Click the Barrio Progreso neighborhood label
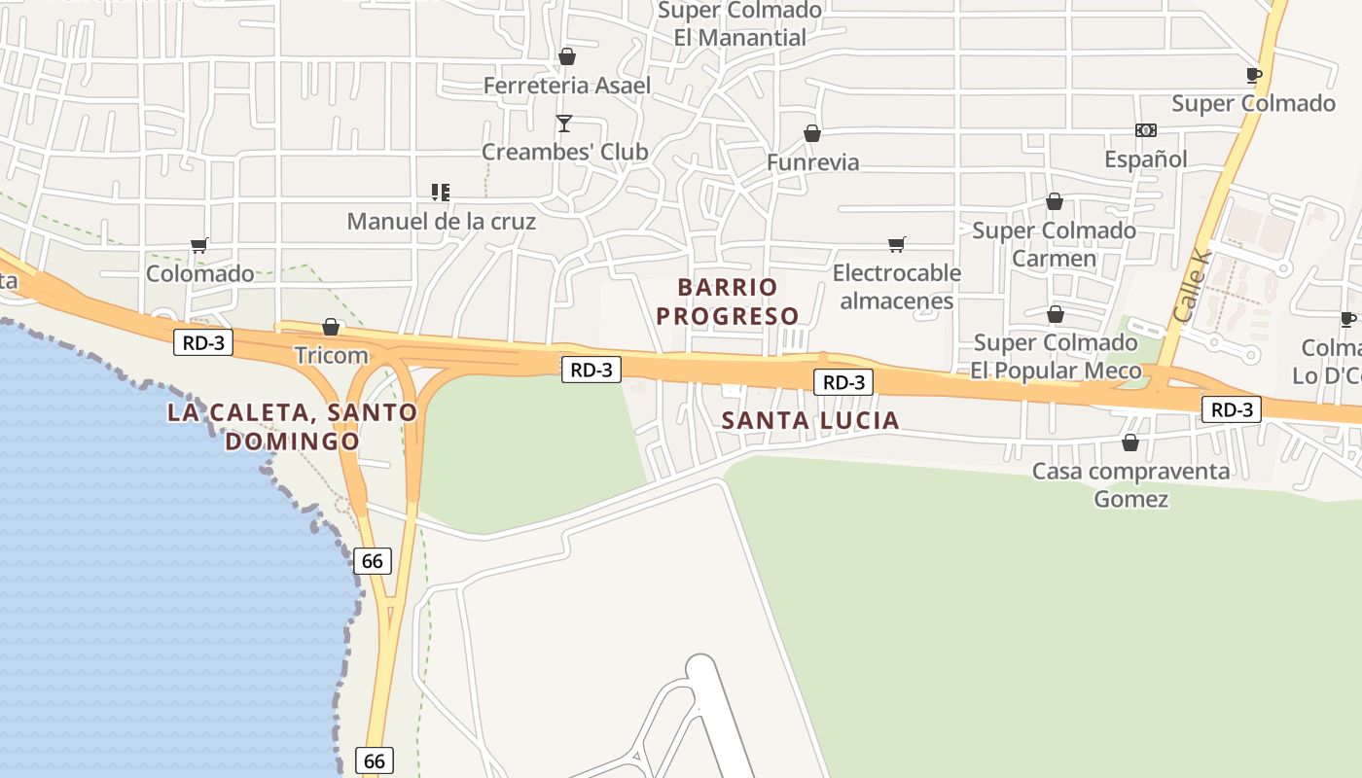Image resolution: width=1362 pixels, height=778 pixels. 728,301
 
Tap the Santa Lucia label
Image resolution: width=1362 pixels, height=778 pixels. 810,420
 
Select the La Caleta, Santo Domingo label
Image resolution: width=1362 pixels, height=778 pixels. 292,426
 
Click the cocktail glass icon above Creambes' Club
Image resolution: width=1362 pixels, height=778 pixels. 563,124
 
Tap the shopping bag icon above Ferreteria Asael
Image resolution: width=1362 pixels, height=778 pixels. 567,57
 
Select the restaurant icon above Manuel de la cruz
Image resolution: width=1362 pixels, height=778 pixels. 441,193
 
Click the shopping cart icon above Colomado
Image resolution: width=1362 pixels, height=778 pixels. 199,245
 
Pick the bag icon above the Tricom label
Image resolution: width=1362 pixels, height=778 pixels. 331,327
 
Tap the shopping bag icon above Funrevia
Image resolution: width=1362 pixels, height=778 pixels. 812,133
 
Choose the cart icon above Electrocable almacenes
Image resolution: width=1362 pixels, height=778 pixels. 897,244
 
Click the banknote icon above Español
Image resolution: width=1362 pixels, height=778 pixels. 1146,130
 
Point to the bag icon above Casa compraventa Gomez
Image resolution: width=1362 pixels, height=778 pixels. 1130,443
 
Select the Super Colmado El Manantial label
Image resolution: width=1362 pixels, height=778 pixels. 740,24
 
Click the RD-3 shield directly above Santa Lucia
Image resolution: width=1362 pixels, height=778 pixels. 843,382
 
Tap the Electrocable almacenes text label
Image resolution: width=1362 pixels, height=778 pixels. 897,287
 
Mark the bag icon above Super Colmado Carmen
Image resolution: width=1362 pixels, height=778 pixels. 1055,202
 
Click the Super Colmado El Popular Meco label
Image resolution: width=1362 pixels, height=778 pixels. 1056,356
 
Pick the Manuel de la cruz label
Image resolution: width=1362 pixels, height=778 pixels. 441,221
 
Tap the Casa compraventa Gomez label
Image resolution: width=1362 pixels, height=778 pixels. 1130,485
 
